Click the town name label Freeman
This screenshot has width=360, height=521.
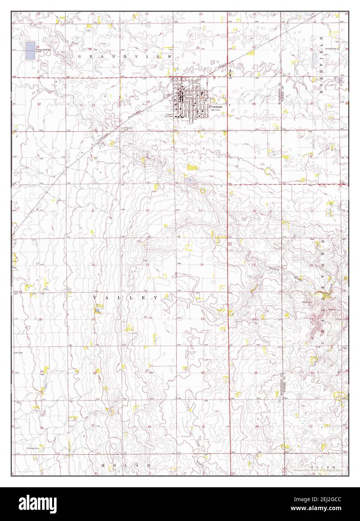(216, 107)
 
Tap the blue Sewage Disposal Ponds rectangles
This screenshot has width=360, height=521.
(31, 50)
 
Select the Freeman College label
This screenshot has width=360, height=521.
(170, 115)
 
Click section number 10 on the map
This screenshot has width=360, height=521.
(148, 211)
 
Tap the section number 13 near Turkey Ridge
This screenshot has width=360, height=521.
(254, 265)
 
